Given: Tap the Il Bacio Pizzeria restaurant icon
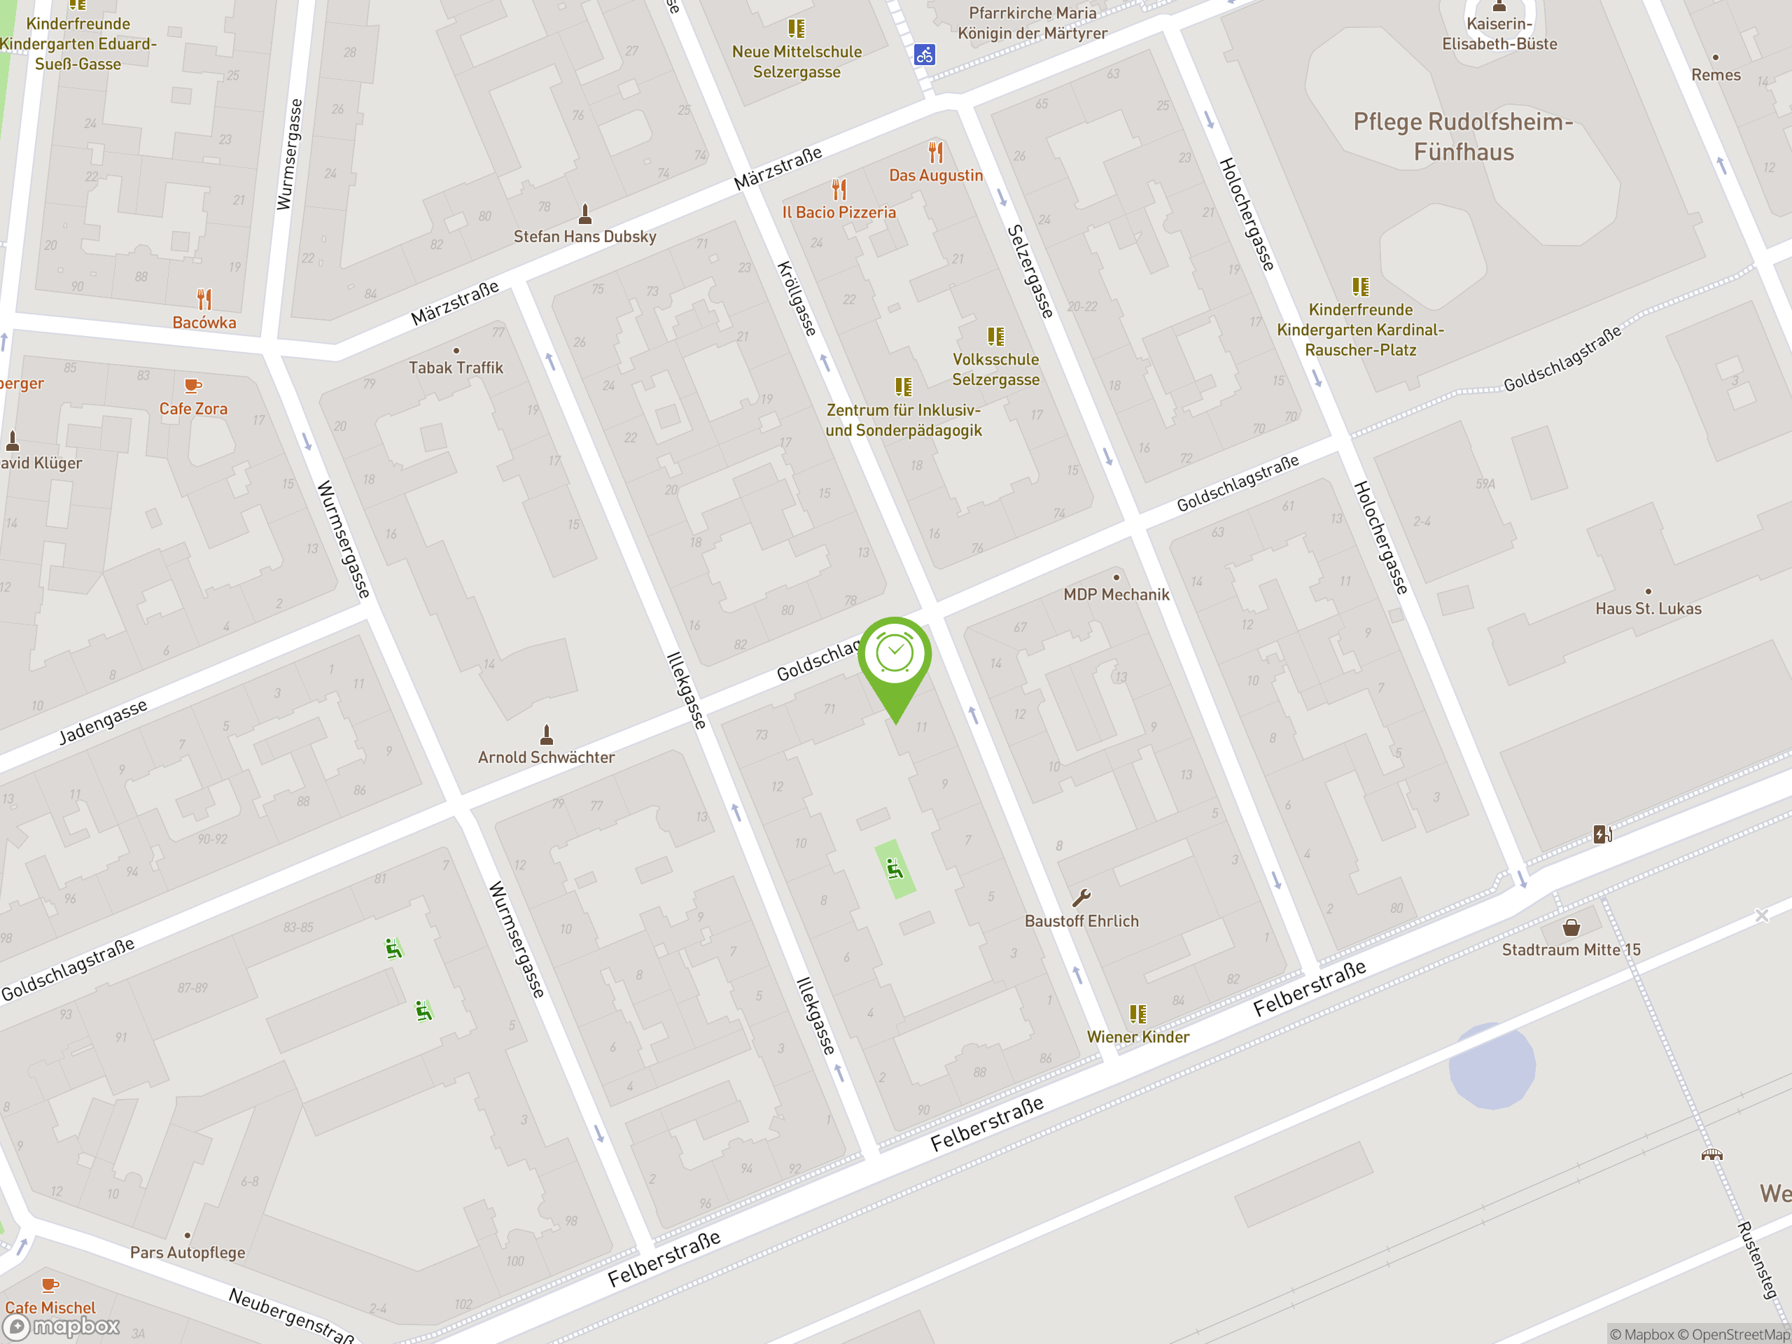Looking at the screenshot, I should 839,190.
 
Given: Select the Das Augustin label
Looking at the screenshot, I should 936,176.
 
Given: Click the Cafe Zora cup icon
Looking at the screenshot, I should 192,386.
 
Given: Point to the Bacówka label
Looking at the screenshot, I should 204,323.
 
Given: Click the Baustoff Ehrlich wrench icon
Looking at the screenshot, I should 1081,897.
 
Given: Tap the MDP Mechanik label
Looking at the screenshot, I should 1116,594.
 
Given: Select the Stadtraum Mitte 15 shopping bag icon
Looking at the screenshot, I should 1571,927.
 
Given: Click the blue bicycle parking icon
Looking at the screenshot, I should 925,55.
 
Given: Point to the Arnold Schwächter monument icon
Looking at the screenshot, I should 547,735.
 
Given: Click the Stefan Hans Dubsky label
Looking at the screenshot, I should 585,237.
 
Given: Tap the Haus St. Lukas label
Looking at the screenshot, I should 1648,609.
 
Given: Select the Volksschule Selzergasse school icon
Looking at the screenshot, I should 995,336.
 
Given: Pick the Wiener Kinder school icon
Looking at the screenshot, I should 1138,1014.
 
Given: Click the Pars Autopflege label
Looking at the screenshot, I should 187,1252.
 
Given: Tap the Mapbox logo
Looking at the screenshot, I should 62,1326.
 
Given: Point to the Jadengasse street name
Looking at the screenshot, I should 103,722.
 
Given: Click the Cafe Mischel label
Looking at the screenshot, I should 50,1308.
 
